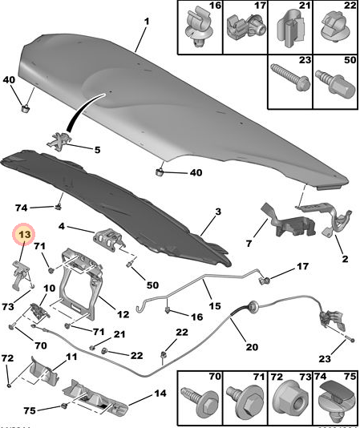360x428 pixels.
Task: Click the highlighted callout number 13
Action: click(24, 234)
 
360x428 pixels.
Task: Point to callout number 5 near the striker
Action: click(97, 149)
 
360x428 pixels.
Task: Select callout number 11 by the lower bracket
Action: click(71, 357)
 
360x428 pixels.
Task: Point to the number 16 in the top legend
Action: click(215, 6)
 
